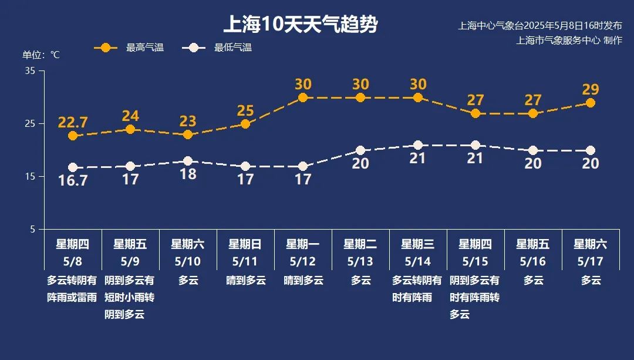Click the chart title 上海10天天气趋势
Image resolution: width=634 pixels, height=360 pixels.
coord(301,25)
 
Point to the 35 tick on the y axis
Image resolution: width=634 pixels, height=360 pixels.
coord(31,71)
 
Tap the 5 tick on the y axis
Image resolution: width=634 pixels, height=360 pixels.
coord(33,230)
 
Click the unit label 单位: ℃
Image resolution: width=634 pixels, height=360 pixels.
coord(41,55)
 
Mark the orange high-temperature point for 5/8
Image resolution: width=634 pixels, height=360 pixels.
coord(73,136)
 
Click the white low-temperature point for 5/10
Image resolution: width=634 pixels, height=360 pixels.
coord(188,161)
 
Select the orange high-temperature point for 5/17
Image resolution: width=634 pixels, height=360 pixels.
coord(591,103)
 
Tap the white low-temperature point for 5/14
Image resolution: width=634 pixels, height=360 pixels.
coord(418,145)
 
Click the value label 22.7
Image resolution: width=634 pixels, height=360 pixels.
coord(73,122)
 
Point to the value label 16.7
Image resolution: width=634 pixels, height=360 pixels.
coord(73,181)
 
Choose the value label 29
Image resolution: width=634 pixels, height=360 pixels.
coord(591,89)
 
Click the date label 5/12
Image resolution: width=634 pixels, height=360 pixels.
coord(303,261)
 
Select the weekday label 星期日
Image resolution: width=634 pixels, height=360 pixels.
coord(245,244)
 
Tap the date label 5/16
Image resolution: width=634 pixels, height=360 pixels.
coord(533,261)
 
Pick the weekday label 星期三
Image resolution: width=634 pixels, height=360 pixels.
coord(417,244)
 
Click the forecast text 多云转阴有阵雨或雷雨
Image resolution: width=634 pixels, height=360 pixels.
coord(72,289)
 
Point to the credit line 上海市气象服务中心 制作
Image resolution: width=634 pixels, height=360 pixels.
coord(569,40)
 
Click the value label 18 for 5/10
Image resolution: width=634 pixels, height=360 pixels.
coord(188,174)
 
